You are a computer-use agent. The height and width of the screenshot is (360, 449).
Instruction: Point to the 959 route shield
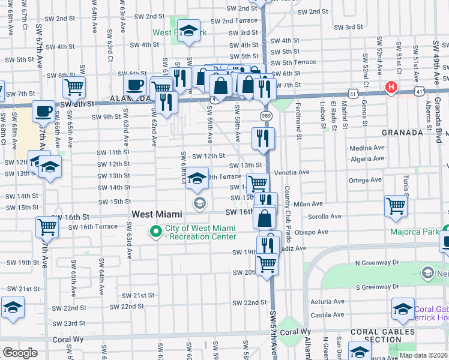[x=265, y=115]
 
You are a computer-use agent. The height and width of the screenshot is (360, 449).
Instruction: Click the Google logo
[x=20, y=353]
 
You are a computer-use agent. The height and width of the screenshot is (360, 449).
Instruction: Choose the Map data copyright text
[x=420, y=355]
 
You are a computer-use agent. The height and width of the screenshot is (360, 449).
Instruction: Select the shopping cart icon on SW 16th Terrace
[x=47, y=227]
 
